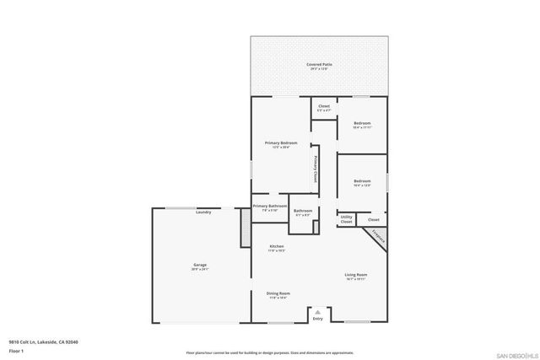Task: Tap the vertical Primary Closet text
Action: pyautogui.click(x=316, y=169)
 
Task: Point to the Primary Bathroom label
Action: pyautogui.click(x=270, y=207)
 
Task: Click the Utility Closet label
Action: pyautogui.click(x=346, y=218)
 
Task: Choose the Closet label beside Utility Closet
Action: pyautogui.click(x=373, y=219)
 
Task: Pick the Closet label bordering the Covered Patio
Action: pyautogui.click(x=323, y=107)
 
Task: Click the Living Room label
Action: pyautogui.click(x=355, y=276)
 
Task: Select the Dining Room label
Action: pyautogui.click(x=278, y=295)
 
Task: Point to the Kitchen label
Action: pyautogui.click(x=276, y=247)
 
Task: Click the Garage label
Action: pyautogui.click(x=200, y=266)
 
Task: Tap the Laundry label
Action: pyautogui.click(x=202, y=212)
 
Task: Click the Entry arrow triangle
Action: pyautogui.click(x=317, y=311)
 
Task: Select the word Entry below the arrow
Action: pyautogui.click(x=317, y=319)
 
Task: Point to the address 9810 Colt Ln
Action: pyautogui.click(x=35, y=342)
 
